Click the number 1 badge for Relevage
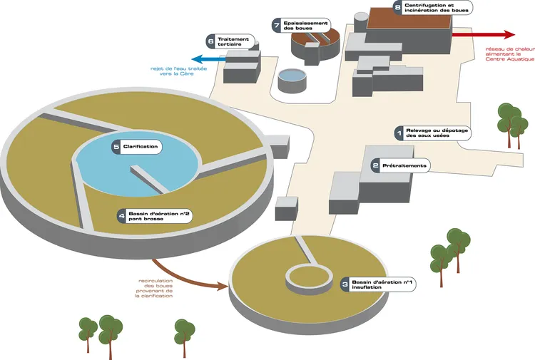click(x=399, y=133)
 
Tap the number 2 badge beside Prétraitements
click(x=375, y=165)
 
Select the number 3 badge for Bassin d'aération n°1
click(x=345, y=284)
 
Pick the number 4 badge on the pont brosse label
click(x=121, y=216)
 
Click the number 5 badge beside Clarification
click(x=116, y=147)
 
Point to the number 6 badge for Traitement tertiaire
click(x=210, y=41)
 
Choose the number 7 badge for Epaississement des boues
click(x=277, y=25)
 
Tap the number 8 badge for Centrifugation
click(x=397, y=8)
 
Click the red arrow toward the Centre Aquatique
click(x=484, y=34)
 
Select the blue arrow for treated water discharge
click(x=209, y=59)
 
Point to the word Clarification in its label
click(x=141, y=147)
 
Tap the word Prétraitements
click(x=404, y=165)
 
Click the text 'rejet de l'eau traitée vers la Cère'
click(x=178, y=71)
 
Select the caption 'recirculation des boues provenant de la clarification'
click(x=154, y=289)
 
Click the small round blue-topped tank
click(x=292, y=81)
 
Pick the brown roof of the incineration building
click(x=409, y=18)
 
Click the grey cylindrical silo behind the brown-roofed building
click(x=361, y=22)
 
